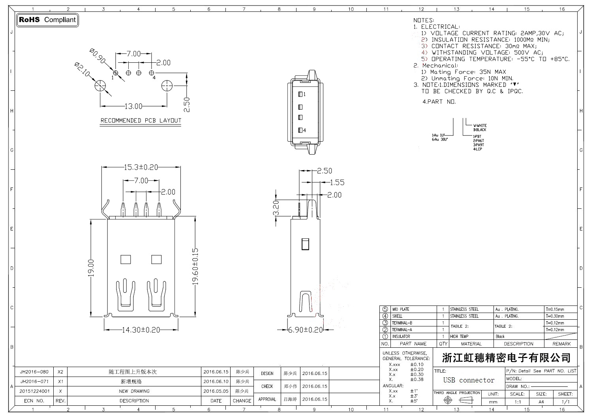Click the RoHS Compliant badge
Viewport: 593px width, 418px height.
point(47,20)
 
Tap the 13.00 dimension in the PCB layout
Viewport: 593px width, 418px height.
point(133,106)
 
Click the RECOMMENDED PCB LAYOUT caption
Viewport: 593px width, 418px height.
point(141,121)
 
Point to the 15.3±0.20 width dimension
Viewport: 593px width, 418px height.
point(141,167)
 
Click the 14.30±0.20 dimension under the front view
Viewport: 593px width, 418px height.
point(141,330)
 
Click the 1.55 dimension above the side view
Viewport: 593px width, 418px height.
point(337,182)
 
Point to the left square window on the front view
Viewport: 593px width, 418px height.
point(126,259)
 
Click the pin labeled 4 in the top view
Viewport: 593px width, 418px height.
point(300,130)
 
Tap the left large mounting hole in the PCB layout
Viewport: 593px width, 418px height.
point(100,86)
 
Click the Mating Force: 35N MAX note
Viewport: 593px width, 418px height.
point(468,72)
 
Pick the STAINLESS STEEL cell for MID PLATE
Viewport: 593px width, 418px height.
point(464,309)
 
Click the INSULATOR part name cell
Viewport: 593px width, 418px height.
point(401,337)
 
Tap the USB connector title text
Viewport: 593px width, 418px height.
point(469,380)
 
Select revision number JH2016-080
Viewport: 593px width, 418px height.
point(34,372)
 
